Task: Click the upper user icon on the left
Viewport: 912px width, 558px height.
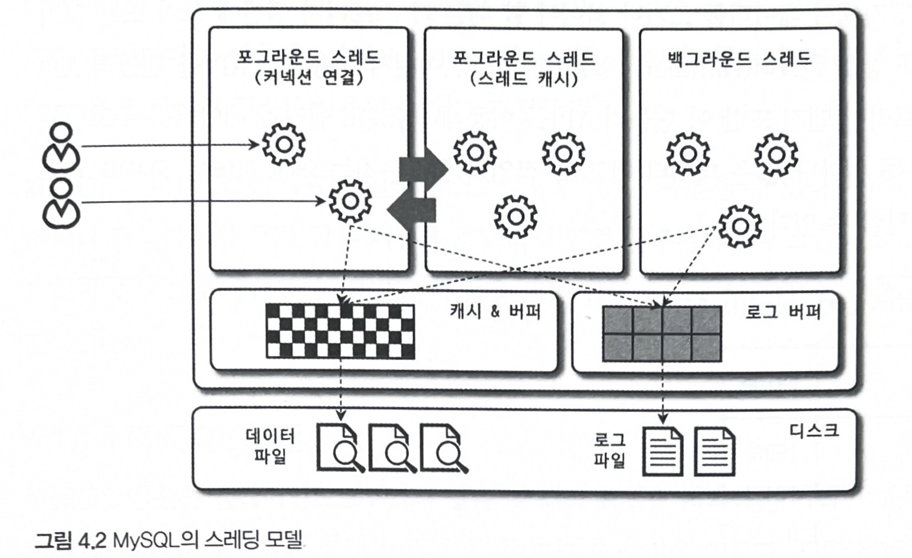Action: coord(61,146)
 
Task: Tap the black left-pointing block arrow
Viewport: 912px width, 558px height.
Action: coord(412,209)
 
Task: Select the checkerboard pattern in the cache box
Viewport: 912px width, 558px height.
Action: coord(340,331)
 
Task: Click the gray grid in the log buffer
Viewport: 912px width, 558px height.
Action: coord(662,333)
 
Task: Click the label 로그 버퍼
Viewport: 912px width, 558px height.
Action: coord(782,311)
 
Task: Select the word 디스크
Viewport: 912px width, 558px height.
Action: coord(813,430)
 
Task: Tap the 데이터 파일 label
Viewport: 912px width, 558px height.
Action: coord(270,446)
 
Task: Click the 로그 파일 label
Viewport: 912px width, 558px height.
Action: coord(609,449)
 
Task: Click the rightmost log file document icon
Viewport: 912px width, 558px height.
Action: coord(714,451)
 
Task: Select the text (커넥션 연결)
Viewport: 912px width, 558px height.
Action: coord(308,77)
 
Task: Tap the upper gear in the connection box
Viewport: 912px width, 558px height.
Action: coord(283,144)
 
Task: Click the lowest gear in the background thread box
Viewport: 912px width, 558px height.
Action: coord(740,226)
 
